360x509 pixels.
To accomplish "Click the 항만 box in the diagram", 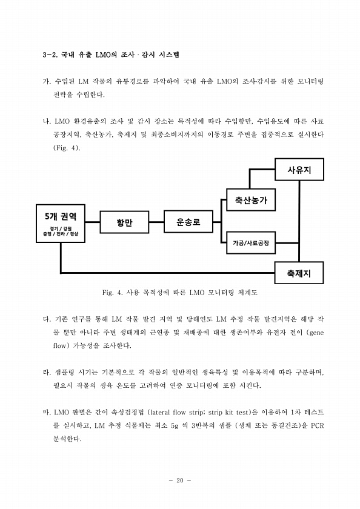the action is (x=124, y=222).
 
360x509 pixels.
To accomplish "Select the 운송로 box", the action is (x=188, y=222).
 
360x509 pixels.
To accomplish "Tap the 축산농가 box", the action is (x=250, y=199).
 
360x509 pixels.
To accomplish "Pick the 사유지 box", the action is (x=299, y=170).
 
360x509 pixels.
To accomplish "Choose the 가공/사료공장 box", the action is (x=250, y=243).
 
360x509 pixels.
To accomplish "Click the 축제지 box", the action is (x=299, y=273).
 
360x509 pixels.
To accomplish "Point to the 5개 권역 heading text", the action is (x=61, y=216).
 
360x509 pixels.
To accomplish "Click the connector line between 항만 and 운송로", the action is (x=156, y=222).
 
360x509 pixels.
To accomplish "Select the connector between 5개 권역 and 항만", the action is (x=93, y=222).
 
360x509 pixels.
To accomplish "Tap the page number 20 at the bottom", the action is (x=180, y=481).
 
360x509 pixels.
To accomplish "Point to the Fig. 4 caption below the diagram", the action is (x=180, y=293).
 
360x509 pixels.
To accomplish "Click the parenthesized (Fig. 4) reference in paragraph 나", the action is (x=67, y=148).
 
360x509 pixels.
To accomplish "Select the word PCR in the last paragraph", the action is (x=317, y=425).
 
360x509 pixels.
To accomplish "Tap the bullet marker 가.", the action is (x=47, y=81).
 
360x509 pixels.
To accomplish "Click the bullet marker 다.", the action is (x=47, y=319).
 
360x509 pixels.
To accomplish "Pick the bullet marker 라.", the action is (x=47, y=372).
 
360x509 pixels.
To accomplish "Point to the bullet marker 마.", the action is (x=47, y=412).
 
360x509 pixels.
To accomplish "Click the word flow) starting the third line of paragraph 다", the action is (x=61, y=346).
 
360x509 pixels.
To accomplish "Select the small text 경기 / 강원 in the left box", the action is (x=61, y=228).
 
